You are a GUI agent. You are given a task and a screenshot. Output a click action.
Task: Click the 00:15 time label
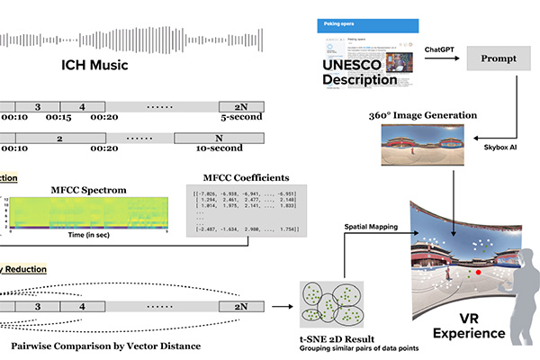coord(59,118)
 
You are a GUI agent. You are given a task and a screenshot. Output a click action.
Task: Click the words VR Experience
coord(467,325)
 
